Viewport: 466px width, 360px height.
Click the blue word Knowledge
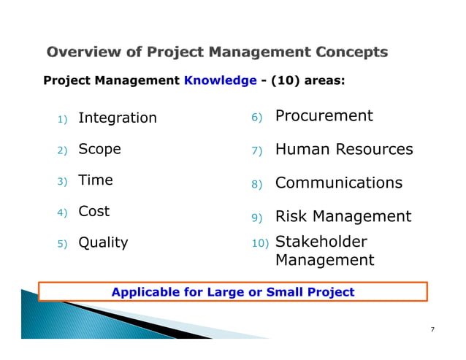pyautogui.click(x=220, y=80)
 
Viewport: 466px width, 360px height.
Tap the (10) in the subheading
pyautogui.click(x=286, y=80)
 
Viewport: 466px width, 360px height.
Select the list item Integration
pyautogui.click(x=117, y=118)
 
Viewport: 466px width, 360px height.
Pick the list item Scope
pyautogui.click(x=99, y=149)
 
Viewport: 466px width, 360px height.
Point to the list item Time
pyautogui.click(x=95, y=180)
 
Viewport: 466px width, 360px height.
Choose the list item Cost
pyautogui.click(x=93, y=211)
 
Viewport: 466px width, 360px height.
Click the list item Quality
pyautogui.click(x=102, y=242)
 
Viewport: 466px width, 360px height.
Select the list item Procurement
pyautogui.click(x=324, y=116)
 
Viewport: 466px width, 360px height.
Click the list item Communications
pyautogui.click(x=338, y=183)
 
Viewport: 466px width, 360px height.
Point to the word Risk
pyautogui.click(x=290, y=216)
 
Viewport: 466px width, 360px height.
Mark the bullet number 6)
pyautogui.click(x=256, y=118)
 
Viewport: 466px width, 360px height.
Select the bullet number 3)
pyautogui.click(x=62, y=181)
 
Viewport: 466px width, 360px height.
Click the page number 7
pyautogui.click(x=432, y=329)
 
